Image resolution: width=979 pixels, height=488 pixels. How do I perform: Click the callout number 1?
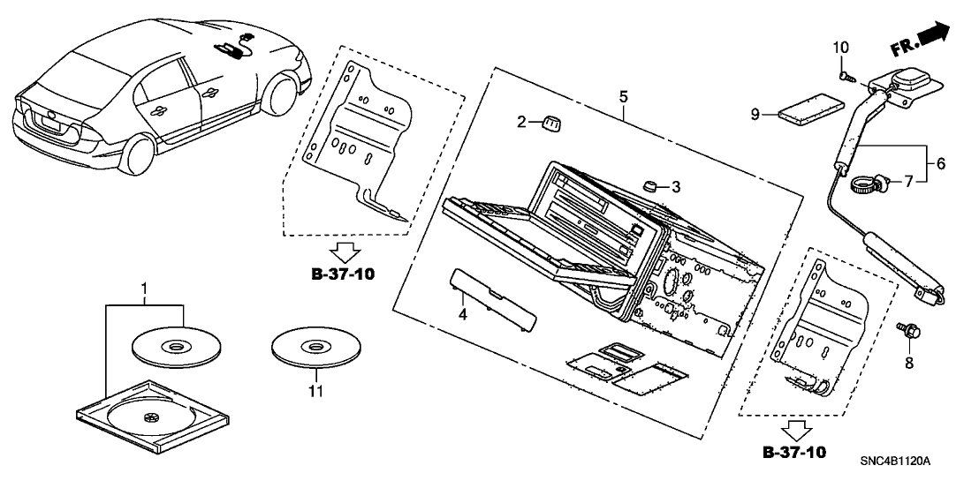coord(144,288)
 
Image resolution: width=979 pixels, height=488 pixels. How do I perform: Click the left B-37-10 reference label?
coord(343,274)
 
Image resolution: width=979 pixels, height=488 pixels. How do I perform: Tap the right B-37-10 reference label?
coord(795,453)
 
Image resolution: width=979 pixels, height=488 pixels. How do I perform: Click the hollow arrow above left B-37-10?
coord(343,252)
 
